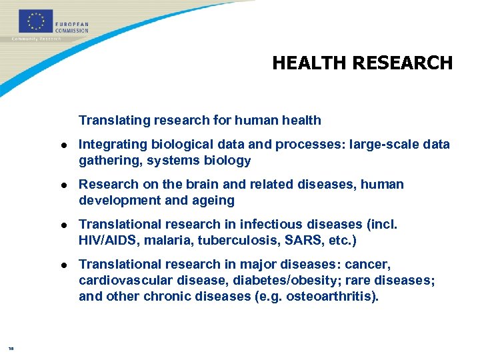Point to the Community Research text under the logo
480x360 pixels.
point(37,39)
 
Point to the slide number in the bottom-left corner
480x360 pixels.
point(11,347)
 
